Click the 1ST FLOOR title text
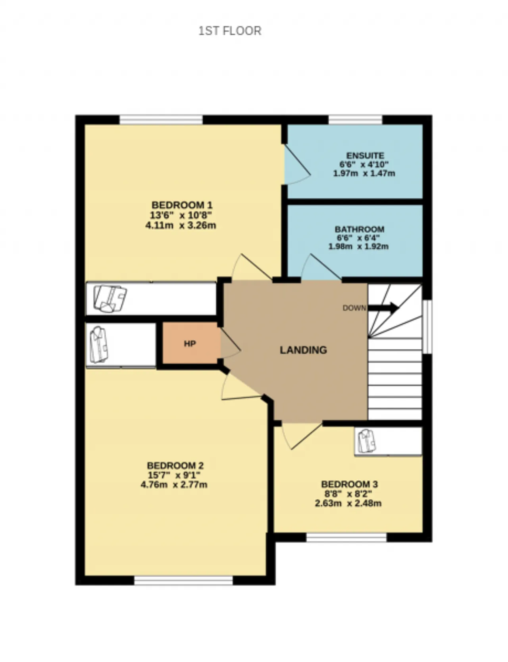point(230,31)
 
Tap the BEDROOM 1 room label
point(182,205)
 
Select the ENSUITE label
point(365,155)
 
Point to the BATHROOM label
point(360,229)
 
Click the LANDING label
point(303,350)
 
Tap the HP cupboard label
point(190,343)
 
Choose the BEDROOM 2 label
point(175,465)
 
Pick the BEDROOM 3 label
point(349,484)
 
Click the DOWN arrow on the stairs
point(383,307)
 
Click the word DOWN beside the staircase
point(354,308)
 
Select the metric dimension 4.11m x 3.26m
point(181,226)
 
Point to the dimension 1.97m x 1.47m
point(364,173)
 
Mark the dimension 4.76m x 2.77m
point(174,485)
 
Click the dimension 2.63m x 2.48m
point(348,504)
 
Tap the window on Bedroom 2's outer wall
point(183,581)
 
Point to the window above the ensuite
point(355,119)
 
